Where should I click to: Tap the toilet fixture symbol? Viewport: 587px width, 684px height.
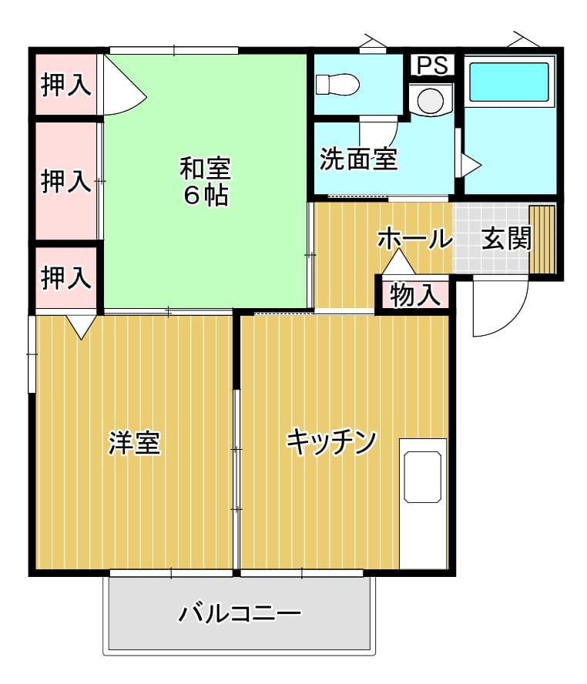coord(337,84)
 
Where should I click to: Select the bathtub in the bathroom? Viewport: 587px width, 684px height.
coord(509,82)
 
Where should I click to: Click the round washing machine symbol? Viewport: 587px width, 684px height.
coord(431,100)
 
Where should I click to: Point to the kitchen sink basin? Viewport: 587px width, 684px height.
coord(423,477)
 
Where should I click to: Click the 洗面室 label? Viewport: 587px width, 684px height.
coord(359,159)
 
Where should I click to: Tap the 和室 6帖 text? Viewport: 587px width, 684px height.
coord(206,181)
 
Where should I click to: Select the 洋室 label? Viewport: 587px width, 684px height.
coord(135,442)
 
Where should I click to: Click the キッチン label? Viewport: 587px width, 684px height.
coord(331,442)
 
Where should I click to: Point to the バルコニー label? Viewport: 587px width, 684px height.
coord(240,613)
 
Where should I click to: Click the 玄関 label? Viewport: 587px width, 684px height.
coord(507,238)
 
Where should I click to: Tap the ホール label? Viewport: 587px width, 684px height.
coord(414,239)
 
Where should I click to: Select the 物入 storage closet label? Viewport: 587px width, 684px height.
coord(414,295)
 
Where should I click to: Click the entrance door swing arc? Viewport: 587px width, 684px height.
coord(515,320)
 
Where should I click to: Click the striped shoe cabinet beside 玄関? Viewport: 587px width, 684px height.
coord(542,239)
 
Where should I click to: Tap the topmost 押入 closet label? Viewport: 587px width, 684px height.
coord(66,85)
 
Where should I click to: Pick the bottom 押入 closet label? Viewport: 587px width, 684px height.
coord(66,277)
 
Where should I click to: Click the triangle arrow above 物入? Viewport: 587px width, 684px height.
coord(398,262)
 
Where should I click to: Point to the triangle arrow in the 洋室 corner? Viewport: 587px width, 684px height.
coord(82,327)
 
